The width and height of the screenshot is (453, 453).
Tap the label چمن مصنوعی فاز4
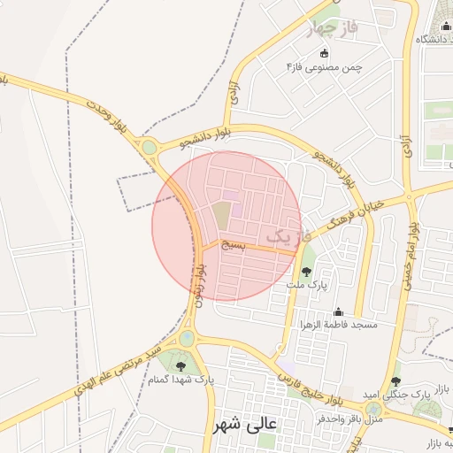[326, 67]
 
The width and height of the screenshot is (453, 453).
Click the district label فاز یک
[288, 236]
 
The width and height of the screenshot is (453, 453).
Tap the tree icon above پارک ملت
[307, 272]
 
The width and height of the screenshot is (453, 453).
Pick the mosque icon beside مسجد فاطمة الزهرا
[337, 311]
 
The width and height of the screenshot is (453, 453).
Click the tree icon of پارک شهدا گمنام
[180, 365]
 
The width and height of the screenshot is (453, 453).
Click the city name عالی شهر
[244, 424]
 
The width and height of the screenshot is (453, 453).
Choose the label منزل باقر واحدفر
[349, 418]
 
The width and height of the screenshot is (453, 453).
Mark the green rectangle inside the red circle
[220, 213]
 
